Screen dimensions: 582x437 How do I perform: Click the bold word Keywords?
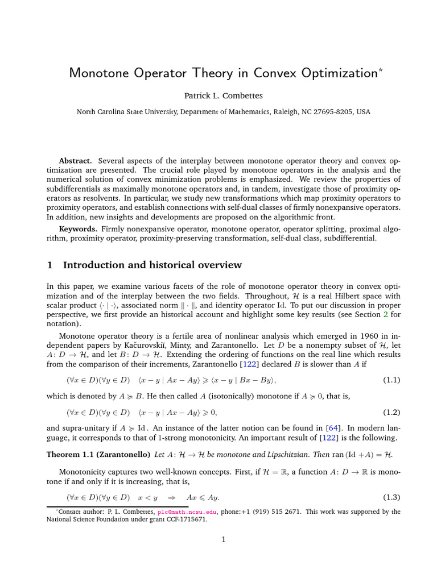click(x=78, y=228)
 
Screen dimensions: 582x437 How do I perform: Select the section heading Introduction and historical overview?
click(x=152, y=265)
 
